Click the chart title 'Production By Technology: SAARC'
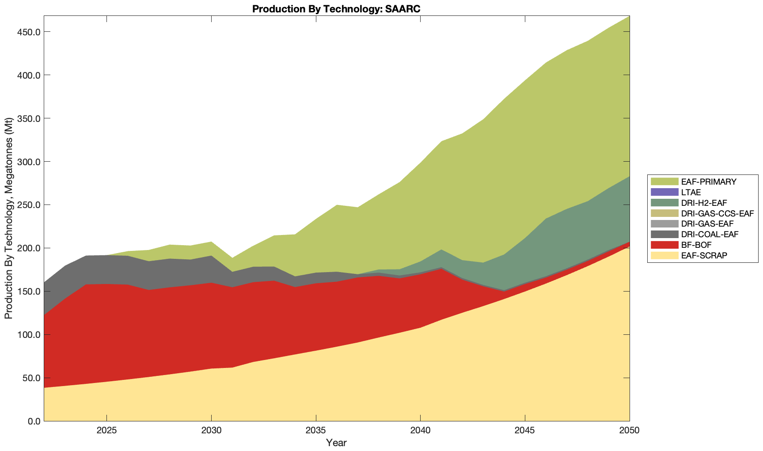[x=336, y=9]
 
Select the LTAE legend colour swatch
[x=664, y=192]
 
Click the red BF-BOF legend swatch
[x=664, y=245]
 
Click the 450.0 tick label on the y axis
[x=29, y=32]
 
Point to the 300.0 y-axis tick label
[x=29, y=162]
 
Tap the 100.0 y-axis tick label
[x=29, y=335]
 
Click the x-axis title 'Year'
[x=336, y=443]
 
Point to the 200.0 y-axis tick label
[x=29, y=248]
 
